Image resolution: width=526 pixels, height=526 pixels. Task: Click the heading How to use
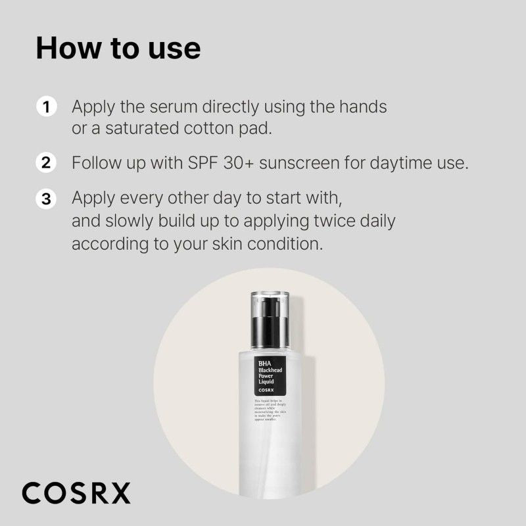pyautogui.click(x=118, y=49)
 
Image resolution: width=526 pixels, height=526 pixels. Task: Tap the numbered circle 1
pyautogui.click(x=45, y=107)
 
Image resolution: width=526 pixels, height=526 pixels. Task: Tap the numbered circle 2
pyautogui.click(x=45, y=162)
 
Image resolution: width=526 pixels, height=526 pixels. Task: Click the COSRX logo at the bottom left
pyautogui.click(x=76, y=492)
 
